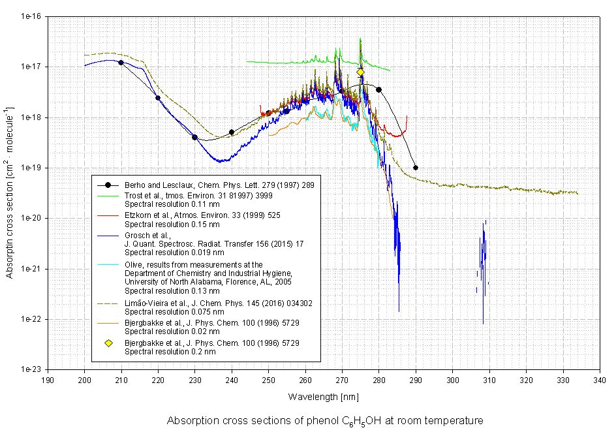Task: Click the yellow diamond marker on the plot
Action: tap(360, 72)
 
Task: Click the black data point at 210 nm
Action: tap(121, 63)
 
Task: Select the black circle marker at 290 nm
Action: tap(416, 168)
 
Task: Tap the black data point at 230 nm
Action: tap(194, 137)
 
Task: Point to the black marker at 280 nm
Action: tap(378, 89)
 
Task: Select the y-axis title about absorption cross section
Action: tap(10, 193)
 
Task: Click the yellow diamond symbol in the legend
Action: tap(108, 343)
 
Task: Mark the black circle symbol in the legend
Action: tap(108, 185)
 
